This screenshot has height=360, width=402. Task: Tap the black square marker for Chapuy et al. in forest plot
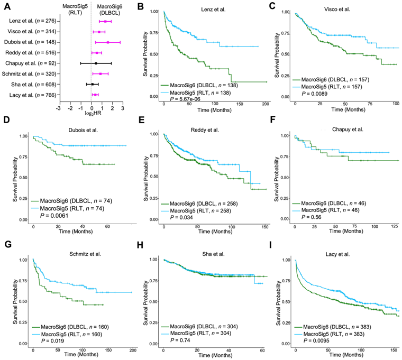96,63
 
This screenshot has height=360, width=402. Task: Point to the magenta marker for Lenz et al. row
105,21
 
